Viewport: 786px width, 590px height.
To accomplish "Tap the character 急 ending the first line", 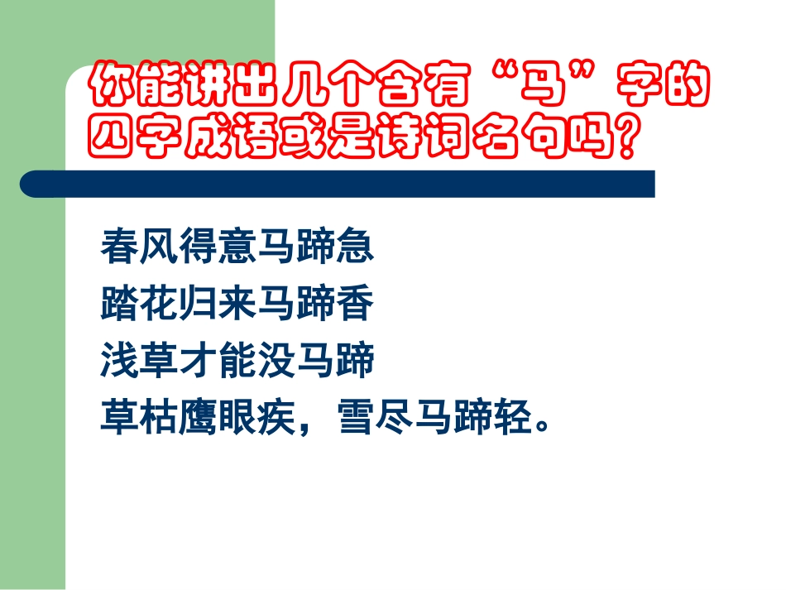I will click(x=356, y=246).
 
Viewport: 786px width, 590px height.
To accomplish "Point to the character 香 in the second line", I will click(x=356, y=304).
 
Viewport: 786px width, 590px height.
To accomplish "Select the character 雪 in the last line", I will click(x=356, y=420).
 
